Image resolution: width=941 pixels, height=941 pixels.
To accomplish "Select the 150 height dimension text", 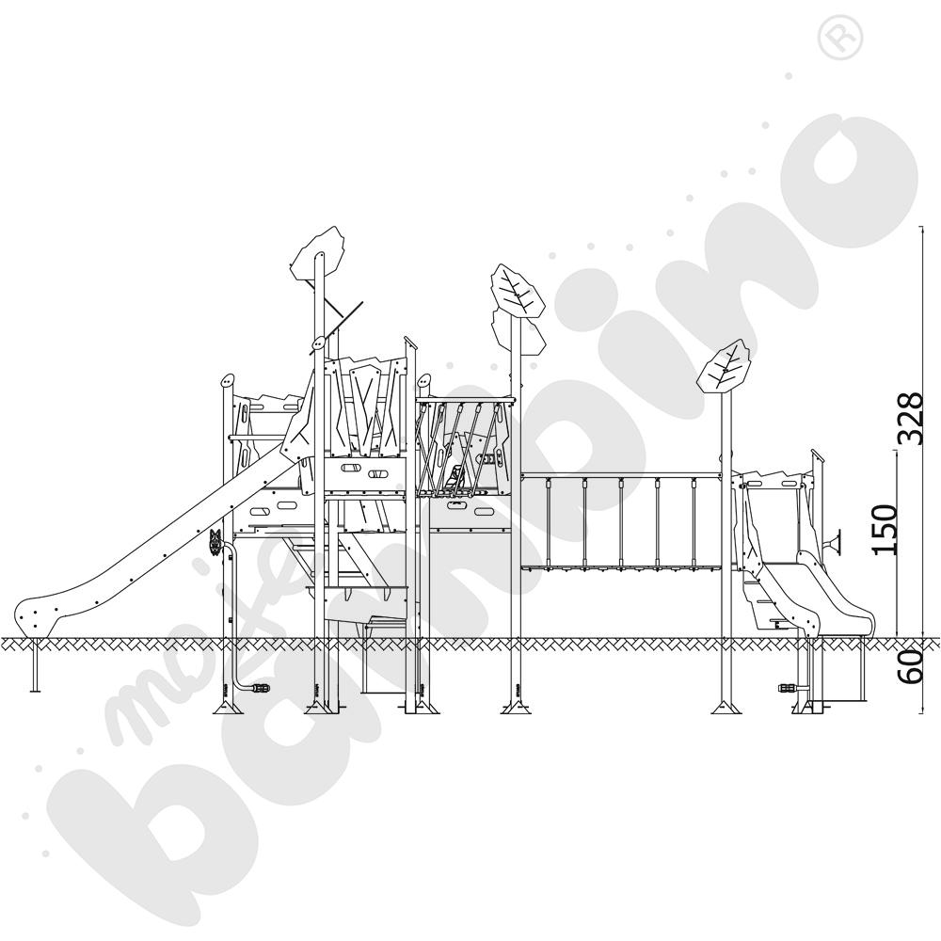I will (x=885, y=530).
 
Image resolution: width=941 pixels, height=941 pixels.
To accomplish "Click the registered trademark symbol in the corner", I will (x=835, y=39).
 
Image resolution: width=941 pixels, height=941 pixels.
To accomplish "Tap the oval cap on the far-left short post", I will (x=227, y=381).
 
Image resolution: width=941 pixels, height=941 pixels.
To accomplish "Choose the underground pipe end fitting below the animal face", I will (x=258, y=688).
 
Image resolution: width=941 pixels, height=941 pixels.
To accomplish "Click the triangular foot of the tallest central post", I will (x=515, y=708).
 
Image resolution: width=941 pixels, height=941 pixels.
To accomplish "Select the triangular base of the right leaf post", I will (x=726, y=708).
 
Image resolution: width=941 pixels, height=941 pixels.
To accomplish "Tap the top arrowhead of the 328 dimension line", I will (x=919, y=230).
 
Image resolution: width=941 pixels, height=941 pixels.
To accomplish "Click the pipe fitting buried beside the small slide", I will (x=784, y=687).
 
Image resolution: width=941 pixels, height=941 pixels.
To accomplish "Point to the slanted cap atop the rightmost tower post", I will (x=818, y=455).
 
